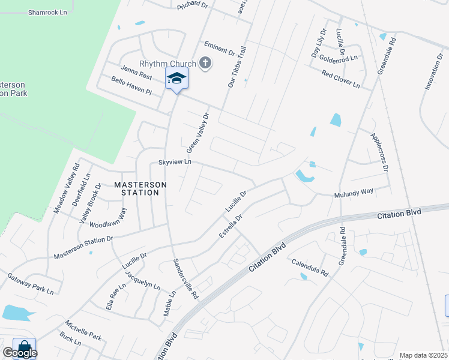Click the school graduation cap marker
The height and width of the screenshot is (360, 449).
pos(176,78)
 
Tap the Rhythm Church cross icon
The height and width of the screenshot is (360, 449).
pos(205,63)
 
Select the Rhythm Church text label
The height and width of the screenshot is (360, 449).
pos(167,64)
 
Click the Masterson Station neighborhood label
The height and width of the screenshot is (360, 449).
pos(136,188)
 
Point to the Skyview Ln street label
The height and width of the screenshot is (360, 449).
pos(174,163)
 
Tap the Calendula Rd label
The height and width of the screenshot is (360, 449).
pos(310,268)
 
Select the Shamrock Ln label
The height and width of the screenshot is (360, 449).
pos(47,12)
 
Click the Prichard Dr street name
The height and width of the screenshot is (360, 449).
pos(191,5)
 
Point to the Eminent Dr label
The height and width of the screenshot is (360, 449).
pos(219,49)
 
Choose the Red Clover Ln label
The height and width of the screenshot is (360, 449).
pos(340,79)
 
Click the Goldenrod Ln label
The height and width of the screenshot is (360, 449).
pos(338,58)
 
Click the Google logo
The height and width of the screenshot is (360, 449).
pos(20,353)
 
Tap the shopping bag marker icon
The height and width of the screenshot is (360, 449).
pos(24,347)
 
